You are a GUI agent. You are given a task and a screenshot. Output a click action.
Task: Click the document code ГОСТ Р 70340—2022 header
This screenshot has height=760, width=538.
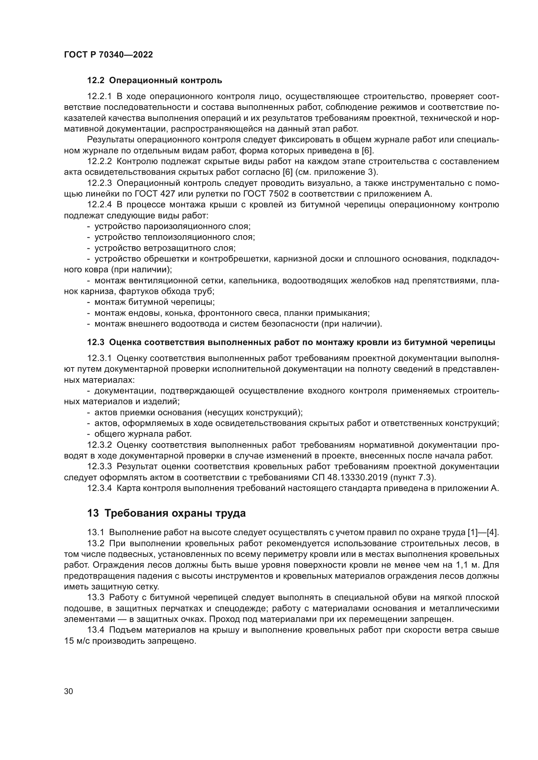point(108,55)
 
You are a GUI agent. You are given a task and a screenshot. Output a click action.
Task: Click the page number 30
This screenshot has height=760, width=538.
point(69,691)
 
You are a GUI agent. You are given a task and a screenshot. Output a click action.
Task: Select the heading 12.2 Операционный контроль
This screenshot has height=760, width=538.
point(155,81)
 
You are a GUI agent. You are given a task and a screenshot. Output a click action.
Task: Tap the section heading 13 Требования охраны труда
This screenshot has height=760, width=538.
point(166,513)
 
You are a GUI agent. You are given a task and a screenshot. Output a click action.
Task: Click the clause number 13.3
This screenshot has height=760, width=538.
point(95,597)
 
